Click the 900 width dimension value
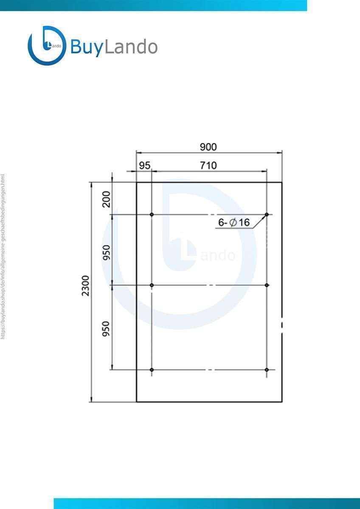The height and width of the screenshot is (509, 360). click(x=208, y=147)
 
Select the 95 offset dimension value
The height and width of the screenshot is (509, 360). click(x=145, y=166)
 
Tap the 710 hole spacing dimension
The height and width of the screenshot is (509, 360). click(x=208, y=166)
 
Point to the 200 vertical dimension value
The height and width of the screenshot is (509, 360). click(x=107, y=199)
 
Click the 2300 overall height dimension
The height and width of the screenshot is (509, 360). click(x=85, y=285)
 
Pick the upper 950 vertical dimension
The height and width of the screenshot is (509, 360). click(x=107, y=253)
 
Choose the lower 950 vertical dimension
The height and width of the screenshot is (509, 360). click(x=106, y=329)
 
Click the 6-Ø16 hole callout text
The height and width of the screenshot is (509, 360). click(x=234, y=222)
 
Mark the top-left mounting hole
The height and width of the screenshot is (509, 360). click(x=152, y=215)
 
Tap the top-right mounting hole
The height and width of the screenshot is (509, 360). click(x=267, y=215)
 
